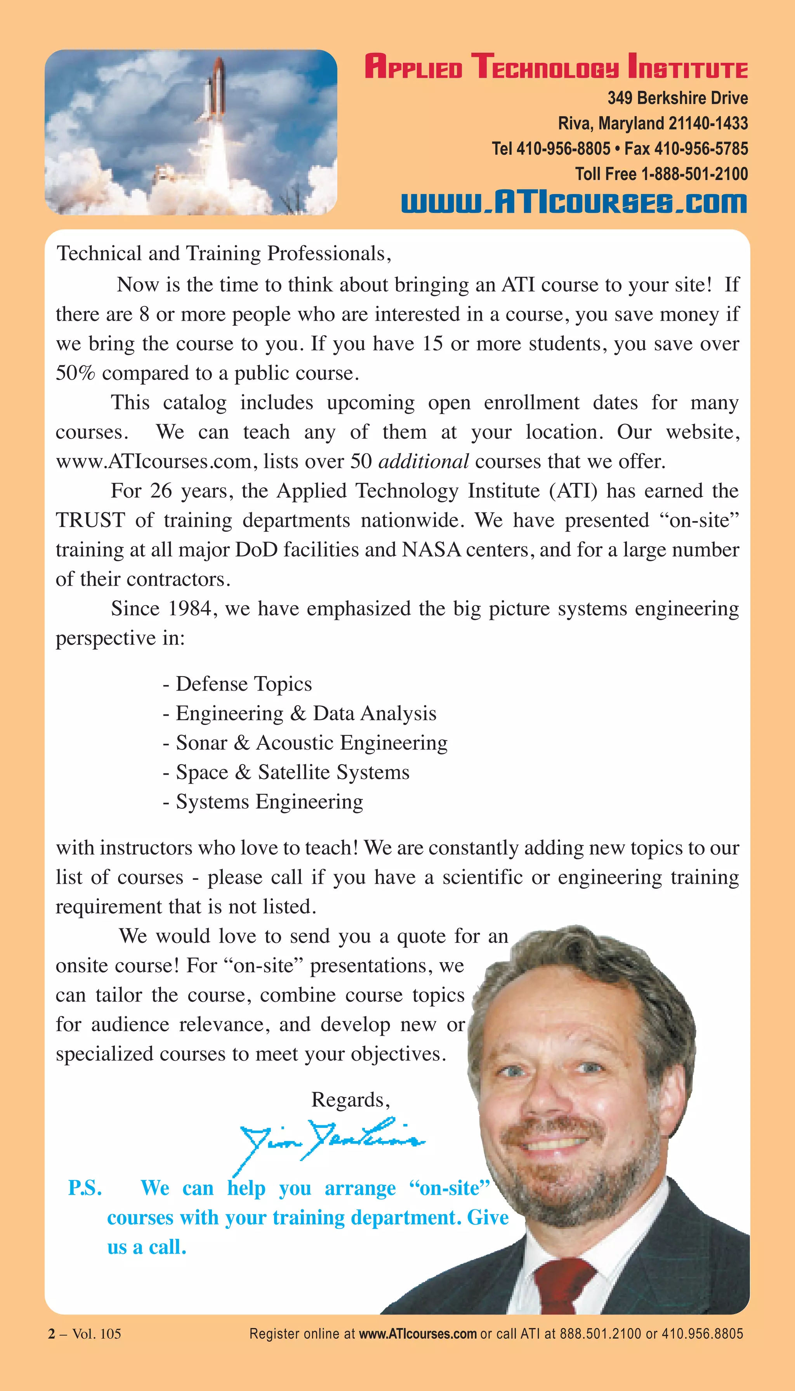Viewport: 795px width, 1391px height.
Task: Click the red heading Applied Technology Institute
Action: [x=555, y=67]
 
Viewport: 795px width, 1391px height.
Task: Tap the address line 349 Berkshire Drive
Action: [x=677, y=98]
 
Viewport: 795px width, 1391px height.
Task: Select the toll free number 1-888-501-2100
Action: [x=693, y=174]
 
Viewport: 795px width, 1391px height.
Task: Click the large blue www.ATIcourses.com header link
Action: [x=573, y=203]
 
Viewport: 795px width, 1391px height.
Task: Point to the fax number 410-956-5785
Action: [x=701, y=149]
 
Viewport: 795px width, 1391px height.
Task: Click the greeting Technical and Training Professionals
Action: [x=224, y=254]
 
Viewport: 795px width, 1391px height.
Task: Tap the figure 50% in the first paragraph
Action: [x=75, y=373]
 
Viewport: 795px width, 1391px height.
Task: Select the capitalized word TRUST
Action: [x=90, y=520]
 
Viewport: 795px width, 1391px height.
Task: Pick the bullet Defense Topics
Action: [x=243, y=684]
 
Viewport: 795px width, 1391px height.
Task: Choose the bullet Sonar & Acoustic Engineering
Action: [x=311, y=743]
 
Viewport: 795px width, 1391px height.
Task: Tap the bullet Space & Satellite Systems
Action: [x=292, y=772]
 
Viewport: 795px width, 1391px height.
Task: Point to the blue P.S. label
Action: [x=85, y=1188]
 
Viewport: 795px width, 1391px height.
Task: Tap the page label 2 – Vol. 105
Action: [x=85, y=1334]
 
